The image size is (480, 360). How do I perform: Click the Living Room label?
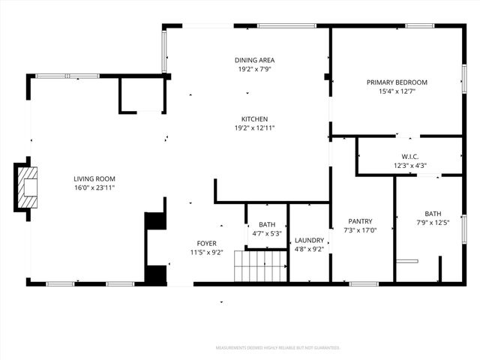(x=94, y=178)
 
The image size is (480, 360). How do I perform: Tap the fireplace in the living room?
(x=27, y=187)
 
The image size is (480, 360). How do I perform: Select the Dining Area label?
(x=254, y=59)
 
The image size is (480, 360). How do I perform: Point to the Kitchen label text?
(x=254, y=118)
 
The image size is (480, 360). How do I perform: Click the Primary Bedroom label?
(x=397, y=82)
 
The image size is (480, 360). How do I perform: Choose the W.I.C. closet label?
(x=409, y=156)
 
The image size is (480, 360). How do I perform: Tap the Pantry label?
(x=360, y=221)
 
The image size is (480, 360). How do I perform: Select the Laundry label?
(x=309, y=240)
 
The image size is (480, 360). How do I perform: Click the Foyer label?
(x=207, y=243)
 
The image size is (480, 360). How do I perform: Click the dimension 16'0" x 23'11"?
(x=94, y=188)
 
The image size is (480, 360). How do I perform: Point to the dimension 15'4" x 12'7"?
(x=397, y=91)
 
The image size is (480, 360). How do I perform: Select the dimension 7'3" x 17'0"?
(x=360, y=230)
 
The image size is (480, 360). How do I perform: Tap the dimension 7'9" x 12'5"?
(x=433, y=222)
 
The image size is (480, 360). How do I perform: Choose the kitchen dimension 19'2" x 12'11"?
(x=254, y=128)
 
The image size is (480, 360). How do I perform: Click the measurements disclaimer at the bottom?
(x=278, y=347)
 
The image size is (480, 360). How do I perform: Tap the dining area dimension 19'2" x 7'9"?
(x=254, y=69)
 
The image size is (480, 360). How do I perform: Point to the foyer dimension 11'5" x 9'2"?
(x=207, y=253)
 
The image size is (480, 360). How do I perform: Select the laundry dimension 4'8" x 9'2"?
(x=309, y=249)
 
